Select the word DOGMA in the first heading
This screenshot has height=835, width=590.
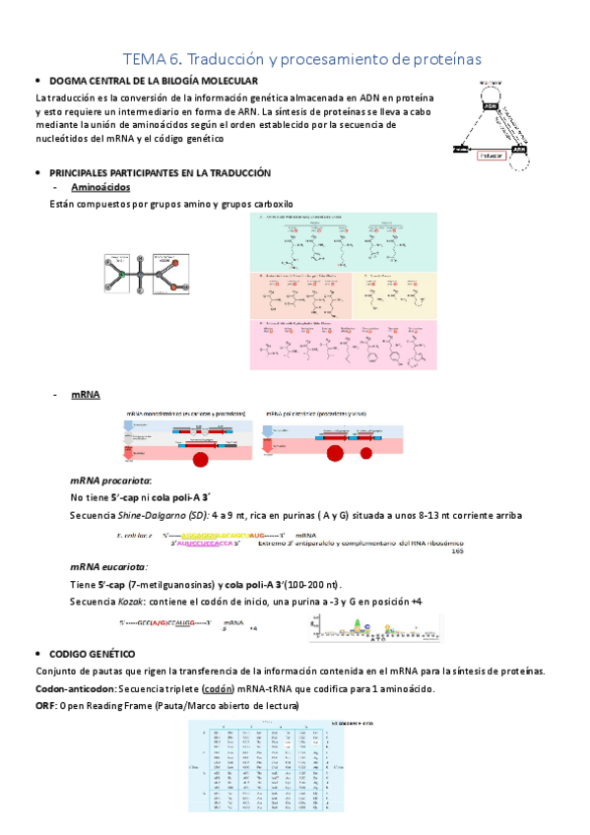pyautogui.click(x=69, y=80)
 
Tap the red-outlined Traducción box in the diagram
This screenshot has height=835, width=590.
pyautogui.click(x=491, y=155)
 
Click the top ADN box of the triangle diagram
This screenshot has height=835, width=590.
pyautogui.click(x=490, y=94)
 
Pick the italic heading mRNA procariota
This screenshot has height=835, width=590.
pyautogui.click(x=110, y=481)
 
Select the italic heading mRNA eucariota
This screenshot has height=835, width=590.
pyautogui.click(x=108, y=566)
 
